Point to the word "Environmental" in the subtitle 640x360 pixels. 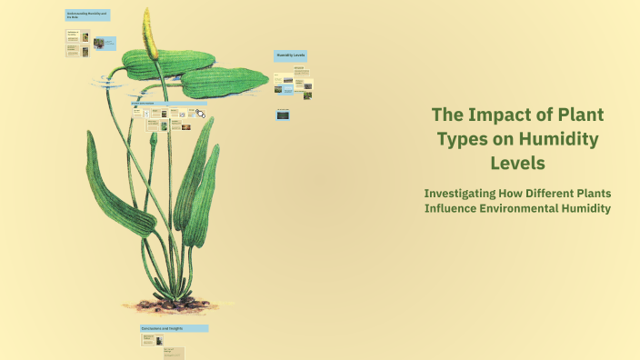click(x=526, y=209)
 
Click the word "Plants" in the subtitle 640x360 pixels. click(x=587, y=194)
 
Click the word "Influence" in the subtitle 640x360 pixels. click(x=453, y=209)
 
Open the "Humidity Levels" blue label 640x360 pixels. click(x=291, y=55)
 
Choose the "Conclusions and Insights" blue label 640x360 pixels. click(x=173, y=328)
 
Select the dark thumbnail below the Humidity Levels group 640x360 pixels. click(x=283, y=115)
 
